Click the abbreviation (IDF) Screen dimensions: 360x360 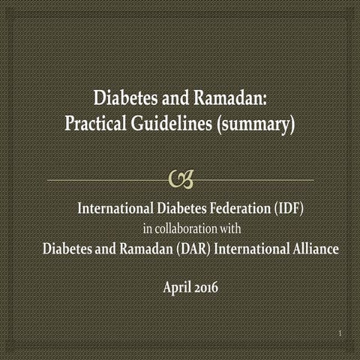(286, 208)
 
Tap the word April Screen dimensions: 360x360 (177, 286)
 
